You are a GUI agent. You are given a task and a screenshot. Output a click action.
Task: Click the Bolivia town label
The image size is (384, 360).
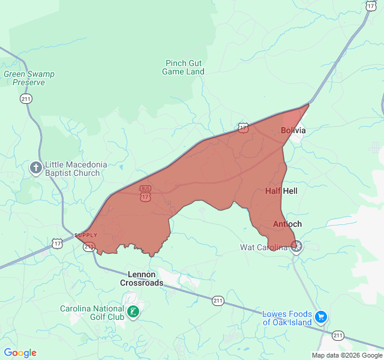pos(293,130)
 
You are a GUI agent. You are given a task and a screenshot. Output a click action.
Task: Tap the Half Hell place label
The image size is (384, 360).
pos(281,191)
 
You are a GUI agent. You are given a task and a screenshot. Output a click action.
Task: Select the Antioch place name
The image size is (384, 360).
pos(287,224)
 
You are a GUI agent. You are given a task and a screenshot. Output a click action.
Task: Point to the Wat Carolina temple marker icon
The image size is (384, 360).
pos(296,246)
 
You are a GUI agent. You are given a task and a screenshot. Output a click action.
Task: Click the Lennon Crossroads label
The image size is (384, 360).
pos(142,278)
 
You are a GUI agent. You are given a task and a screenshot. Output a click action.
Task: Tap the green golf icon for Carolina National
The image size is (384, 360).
pos(133,311)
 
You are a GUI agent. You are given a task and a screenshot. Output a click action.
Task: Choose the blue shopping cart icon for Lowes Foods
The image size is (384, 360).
pos(321,316)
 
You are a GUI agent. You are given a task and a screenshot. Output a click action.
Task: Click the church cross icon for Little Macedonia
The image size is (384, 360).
pos(36,168)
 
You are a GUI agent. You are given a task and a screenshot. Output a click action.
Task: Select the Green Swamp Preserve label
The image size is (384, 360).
pos(29,78)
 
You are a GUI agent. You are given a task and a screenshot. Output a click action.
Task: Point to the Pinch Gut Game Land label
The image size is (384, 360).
pos(183,67)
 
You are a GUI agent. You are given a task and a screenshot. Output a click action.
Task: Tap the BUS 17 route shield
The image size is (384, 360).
pos(145,193)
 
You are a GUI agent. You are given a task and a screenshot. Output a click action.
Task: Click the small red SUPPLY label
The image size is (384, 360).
pos(85,235)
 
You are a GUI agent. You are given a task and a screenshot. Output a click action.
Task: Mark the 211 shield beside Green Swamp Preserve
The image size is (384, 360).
pos(26,99)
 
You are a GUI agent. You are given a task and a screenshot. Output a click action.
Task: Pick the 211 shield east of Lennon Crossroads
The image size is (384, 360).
pos(217,299)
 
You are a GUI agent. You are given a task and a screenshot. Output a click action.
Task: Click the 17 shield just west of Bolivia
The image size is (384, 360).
pos(242,127)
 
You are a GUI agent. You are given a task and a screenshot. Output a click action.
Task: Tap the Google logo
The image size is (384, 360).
pos(20,353)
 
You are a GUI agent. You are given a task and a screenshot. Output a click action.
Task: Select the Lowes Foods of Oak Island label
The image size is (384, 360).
pos(287,318)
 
